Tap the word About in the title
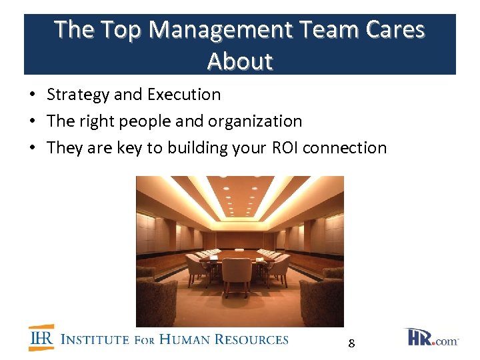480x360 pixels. coord(240,61)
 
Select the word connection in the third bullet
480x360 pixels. coord(345,148)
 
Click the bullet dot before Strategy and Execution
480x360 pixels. coord(32,95)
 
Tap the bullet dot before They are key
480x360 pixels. coord(32,148)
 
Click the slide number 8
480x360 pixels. coord(351,344)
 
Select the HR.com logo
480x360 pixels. coord(431,337)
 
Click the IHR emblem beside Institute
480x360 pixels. coord(41,338)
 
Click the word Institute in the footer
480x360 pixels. coord(95,339)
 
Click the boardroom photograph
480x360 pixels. coord(240,251)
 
